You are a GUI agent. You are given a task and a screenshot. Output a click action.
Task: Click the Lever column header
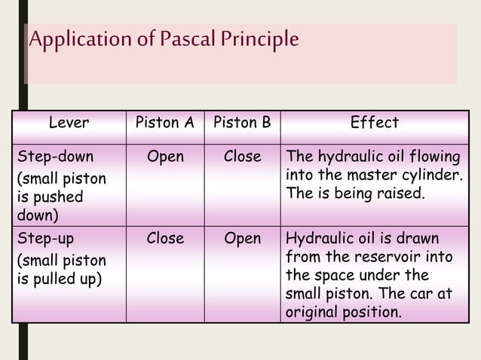[69, 123]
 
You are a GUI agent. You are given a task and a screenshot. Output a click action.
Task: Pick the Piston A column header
[164, 123]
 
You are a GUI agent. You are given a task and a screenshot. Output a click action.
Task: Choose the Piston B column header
[242, 123]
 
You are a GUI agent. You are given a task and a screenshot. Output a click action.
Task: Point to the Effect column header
[374, 123]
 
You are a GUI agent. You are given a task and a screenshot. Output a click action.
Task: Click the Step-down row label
[56, 157]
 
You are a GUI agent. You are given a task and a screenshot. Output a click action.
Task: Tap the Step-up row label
[46, 239]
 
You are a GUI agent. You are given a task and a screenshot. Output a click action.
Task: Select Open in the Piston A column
[165, 157]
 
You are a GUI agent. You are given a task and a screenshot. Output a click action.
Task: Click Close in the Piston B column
[242, 157]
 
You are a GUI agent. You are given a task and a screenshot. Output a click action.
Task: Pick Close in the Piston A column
[165, 239]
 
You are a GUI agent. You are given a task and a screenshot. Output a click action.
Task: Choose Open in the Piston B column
[242, 239]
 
